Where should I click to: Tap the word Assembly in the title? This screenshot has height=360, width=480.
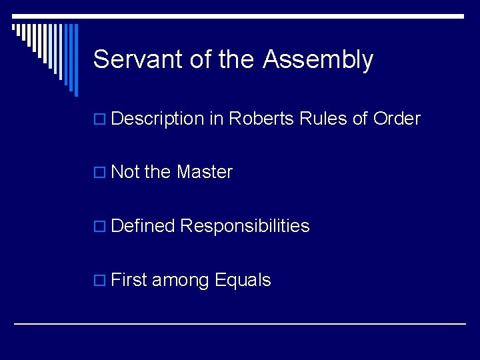[x=317, y=60]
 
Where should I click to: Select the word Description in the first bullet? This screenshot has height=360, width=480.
[x=157, y=119]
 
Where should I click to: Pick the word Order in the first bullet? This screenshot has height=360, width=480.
[x=397, y=119]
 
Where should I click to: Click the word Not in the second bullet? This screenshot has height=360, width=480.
[x=125, y=172]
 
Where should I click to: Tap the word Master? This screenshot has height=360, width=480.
[x=205, y=172]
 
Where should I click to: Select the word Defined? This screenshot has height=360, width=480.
[x=143, y=226]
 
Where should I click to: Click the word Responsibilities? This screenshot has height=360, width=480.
[x=245, y=226]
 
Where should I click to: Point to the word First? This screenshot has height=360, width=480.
[x=129, y=280]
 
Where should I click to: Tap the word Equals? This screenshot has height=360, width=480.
[x=243, y=281]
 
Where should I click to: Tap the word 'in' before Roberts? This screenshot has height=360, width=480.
[x=216, y=119]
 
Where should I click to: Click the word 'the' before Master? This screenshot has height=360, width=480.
[x=158, y=172]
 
